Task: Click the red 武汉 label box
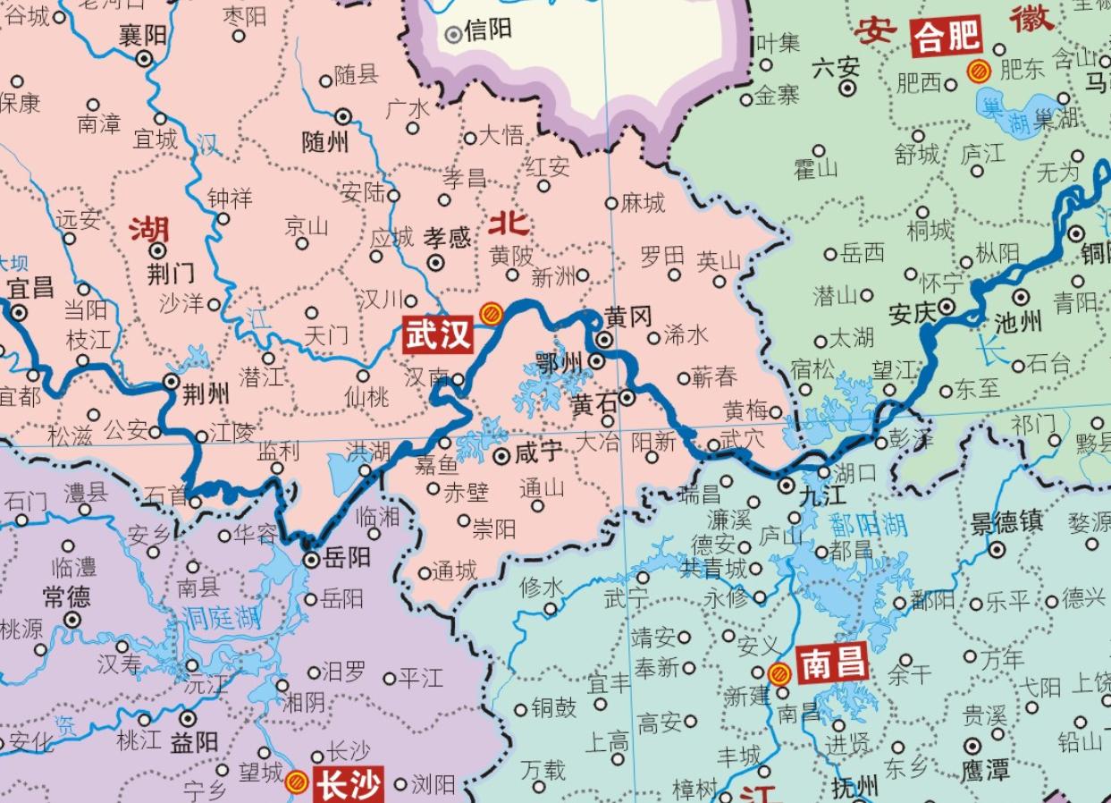click(438, 334)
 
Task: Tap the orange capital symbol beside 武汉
click(490, 314)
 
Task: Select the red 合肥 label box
click(946, 38)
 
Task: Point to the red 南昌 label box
click(833, 664)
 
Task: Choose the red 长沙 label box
click(348, 785)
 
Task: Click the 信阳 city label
click(489, 30)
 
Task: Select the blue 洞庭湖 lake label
click(221, 616)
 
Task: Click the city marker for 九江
click(786, 486)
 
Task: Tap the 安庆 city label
click(911, 314)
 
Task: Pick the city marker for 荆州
click(173, 382)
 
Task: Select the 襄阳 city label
click(142, 35)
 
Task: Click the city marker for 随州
click(342, 116)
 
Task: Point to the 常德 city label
click(66, 596)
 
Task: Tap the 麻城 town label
click(644, 204)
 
